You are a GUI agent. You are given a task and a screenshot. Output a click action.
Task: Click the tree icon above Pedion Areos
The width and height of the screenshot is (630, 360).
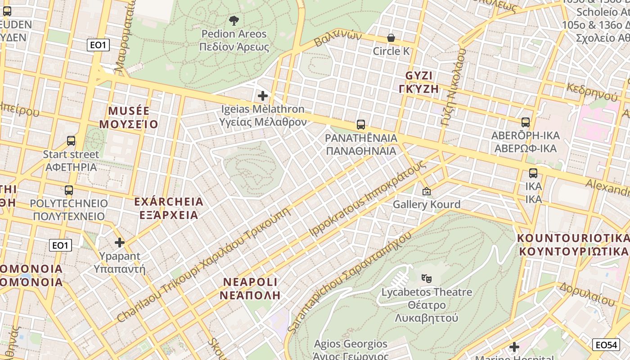pos(234,20)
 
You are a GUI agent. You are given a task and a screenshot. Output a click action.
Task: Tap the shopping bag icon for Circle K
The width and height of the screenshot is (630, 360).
pos(391,38)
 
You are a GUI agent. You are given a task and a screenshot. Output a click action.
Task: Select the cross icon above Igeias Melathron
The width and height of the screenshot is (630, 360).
pos(263,96)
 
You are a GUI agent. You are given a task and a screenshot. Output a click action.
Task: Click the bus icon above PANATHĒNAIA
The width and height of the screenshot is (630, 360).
pos(360,125)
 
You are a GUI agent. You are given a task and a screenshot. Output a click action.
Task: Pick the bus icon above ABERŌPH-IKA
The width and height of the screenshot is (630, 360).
pos(525,122)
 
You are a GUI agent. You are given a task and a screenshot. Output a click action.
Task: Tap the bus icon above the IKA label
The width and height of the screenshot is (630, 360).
pos(533,173)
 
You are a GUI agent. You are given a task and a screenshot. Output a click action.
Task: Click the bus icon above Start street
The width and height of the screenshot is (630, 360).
pos(71,141)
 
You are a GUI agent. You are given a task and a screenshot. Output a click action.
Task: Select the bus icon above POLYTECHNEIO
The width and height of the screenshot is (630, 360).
pos(69,190)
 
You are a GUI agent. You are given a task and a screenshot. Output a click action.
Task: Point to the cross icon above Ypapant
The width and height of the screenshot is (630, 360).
pos(120,243)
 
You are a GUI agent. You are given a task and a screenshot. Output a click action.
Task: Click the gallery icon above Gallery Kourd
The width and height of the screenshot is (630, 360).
pos(426,192)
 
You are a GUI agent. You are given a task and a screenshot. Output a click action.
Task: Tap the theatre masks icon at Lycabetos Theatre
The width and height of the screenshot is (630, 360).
pos(426,279)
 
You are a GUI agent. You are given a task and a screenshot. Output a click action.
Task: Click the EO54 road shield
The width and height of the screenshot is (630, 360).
pos(605,345)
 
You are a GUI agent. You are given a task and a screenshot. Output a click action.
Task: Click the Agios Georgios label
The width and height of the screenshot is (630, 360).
pos(351,345)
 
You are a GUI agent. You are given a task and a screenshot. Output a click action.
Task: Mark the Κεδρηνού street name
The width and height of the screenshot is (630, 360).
pos(592,92)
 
